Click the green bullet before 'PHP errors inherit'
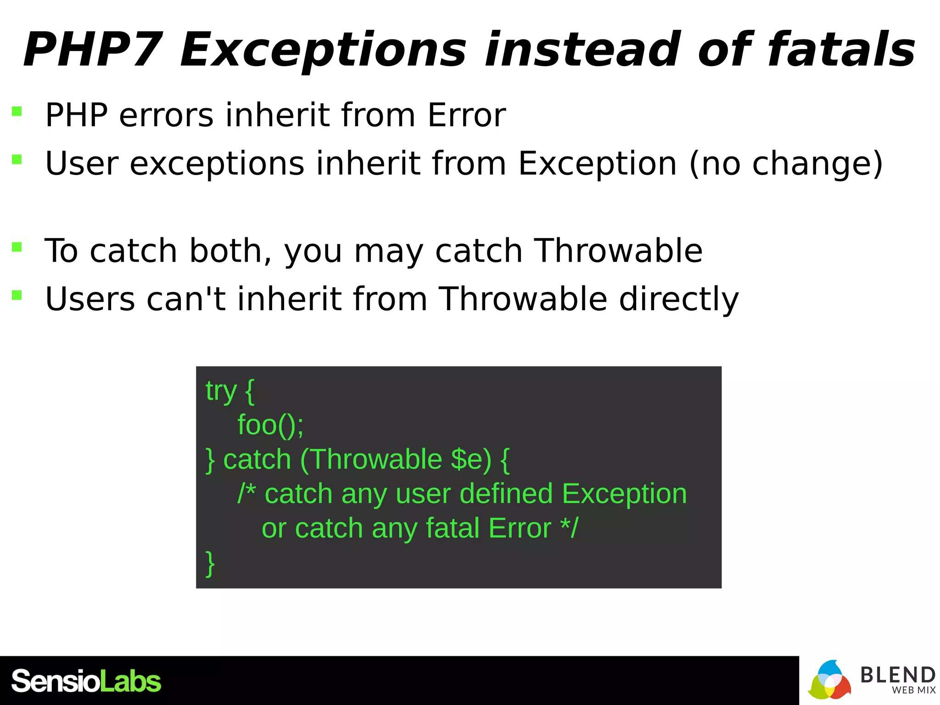[17, 112]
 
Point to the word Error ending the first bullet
[466, 115]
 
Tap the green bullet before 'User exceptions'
[17, 160]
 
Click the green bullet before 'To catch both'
[17, 247]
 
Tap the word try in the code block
[221, 391]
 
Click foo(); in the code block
[270, 425]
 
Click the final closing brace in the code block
[210, 563]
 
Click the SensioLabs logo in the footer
[86, 681]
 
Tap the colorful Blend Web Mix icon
[829, 681]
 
